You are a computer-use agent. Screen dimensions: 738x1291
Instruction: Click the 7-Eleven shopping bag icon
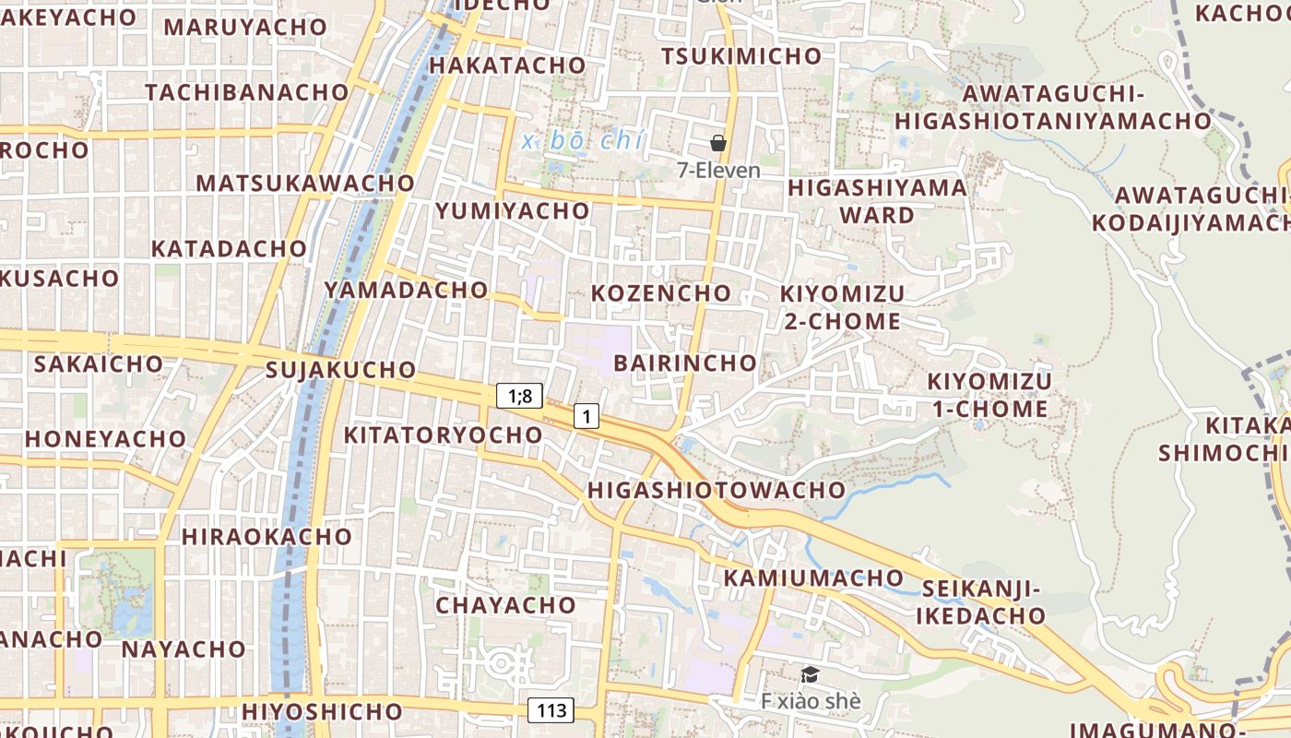pyautogui.click(x=718, y=143)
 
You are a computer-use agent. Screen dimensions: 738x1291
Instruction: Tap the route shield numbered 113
pyautogui.click(x=551, y=710)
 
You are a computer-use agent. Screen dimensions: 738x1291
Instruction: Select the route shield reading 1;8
pyautogui.click(x=519, y=396)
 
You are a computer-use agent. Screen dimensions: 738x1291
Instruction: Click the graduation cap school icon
pyautogui.click(x=810, y=675)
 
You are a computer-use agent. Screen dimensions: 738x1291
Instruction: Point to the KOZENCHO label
pyautogui.click(x=660, y=293)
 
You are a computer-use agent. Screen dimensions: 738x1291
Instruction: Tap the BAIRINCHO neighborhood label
pyautogui.click(x=684, y=363)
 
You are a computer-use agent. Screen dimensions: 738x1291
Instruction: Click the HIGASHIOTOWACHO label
pyautogui.click(x=717, y=489)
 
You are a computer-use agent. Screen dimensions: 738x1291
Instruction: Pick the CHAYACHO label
pyautogui.click(x=505, y=605)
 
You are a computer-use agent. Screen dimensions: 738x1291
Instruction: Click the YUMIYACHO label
pyautogui.click(x=512, y=210)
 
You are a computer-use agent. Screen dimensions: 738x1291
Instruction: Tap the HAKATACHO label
pyautogui.click(x=507, y=65)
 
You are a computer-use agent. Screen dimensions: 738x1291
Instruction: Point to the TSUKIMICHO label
pyautogui.click(x=740, y=56)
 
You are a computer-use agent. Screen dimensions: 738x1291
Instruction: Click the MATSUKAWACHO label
pyautogui.click(x=305, y=183)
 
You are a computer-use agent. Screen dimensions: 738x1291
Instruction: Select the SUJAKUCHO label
pyautogui.click(x=340, y=370)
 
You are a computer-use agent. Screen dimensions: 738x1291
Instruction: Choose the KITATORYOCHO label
pyautogui.click(x=443, y=434)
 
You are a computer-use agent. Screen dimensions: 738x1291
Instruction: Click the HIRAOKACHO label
pyautogui.click(x=266, y=536)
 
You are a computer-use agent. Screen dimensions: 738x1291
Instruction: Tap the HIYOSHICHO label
pyautogui.click(x=322, y=711)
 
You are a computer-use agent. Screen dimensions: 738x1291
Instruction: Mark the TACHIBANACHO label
pyautogui.click(x=246, y=92)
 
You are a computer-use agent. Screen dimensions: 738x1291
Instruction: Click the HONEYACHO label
pyautogui.click(x=105, y=438)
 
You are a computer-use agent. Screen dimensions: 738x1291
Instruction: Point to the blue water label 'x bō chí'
pyautogui.click(x=581, y=141)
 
